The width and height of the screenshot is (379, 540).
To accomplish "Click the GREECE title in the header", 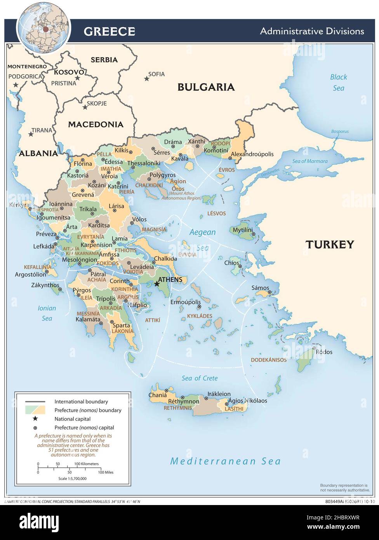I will coord(109,31).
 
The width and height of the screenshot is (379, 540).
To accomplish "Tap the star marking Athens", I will coord(157,284).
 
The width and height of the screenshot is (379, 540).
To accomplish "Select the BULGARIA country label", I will coord(206,87).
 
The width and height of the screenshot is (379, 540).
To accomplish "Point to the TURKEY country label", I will coord(329,244).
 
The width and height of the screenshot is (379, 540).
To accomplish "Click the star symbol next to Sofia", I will coord(146,79).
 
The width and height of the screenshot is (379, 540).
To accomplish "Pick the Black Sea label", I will coord(338,82).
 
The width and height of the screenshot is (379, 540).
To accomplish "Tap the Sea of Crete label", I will coord(200,378).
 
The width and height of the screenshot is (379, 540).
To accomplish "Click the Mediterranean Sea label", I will coord(225,461).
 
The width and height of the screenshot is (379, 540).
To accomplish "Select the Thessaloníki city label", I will coord(144,163).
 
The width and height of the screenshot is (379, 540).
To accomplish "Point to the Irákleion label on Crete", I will coord(219,394).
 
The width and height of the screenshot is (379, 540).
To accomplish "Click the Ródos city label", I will coord(324,352).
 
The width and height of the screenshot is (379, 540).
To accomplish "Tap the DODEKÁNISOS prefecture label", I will coord(268,360).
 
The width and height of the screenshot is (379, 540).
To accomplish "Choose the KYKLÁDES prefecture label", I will coord(200,316).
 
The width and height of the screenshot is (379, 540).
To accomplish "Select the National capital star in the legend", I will coord(35,418).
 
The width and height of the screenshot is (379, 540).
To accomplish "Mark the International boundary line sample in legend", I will coord(35,402).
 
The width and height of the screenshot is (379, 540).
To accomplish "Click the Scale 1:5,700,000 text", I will coord(72,479).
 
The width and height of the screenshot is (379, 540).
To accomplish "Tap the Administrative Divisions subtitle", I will coord(312,31).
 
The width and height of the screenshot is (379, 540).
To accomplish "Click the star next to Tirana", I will coord(31,134).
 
